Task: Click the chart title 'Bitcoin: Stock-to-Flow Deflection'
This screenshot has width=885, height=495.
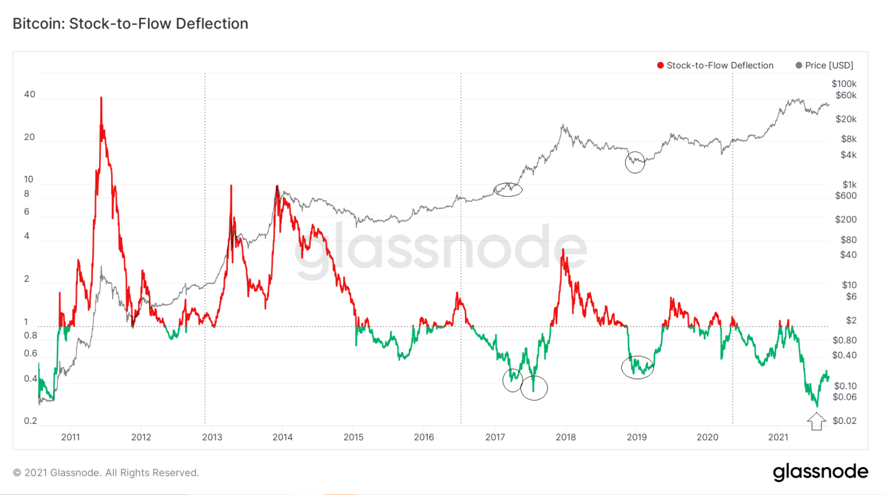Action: pos(130,24)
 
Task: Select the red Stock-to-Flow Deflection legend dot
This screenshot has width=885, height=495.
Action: pos(660,65)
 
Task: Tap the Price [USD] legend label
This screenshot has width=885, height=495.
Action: pos(829,65)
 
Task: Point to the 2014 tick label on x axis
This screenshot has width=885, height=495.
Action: pos(282,437)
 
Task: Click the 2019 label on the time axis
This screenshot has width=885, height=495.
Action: pos(636,437)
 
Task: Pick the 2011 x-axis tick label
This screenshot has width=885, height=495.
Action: pos(70,437)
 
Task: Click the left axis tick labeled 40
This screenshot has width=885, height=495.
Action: pos(29,94)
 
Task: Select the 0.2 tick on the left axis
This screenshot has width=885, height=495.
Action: pos(30,421)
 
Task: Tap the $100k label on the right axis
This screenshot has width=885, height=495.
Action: pos(844,83)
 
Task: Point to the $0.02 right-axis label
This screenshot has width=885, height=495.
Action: pos(844,421)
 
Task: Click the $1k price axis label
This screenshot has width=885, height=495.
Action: pos(849,184)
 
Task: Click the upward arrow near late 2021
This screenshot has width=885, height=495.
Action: pos(816,421)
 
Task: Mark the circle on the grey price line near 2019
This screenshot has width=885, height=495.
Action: pos(635,162)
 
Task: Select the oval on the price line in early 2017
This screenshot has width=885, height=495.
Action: pos(508,189)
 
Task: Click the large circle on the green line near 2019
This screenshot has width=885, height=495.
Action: pos(637,367)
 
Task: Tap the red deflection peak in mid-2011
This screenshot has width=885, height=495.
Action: pos(101,98)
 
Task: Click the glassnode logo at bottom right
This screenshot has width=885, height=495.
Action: pos(820,472)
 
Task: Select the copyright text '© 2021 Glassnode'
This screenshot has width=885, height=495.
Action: pos(106,473)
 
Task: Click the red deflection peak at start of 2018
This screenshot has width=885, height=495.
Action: pos(563,250)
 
